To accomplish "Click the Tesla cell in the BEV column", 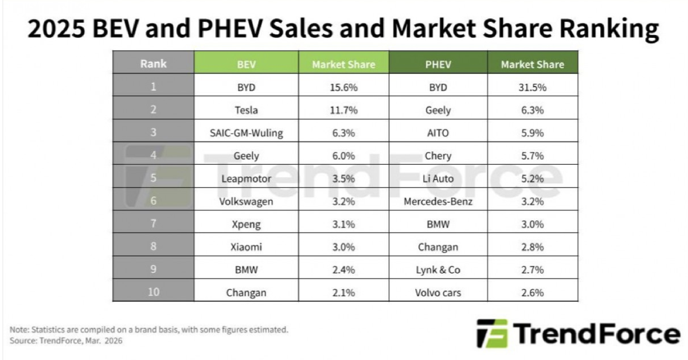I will point(247,110).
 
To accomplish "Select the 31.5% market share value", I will point(532,88).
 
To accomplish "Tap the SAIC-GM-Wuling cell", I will point(247,133).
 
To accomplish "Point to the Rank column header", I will point(153,64).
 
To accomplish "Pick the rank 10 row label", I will point(153,292).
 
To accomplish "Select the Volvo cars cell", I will point(439,292).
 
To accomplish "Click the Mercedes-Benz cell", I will point(439,201).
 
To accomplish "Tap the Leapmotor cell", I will point(247,178).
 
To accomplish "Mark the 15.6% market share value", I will point(343,88).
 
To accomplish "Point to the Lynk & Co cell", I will point(439,269).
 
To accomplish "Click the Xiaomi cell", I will point(247,247).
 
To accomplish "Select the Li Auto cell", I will point(439,178).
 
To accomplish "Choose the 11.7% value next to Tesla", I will point(343,110).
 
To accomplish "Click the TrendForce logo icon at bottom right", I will point(491,334).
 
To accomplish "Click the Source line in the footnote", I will point(67,341).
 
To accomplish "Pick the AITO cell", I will point(439,133).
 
